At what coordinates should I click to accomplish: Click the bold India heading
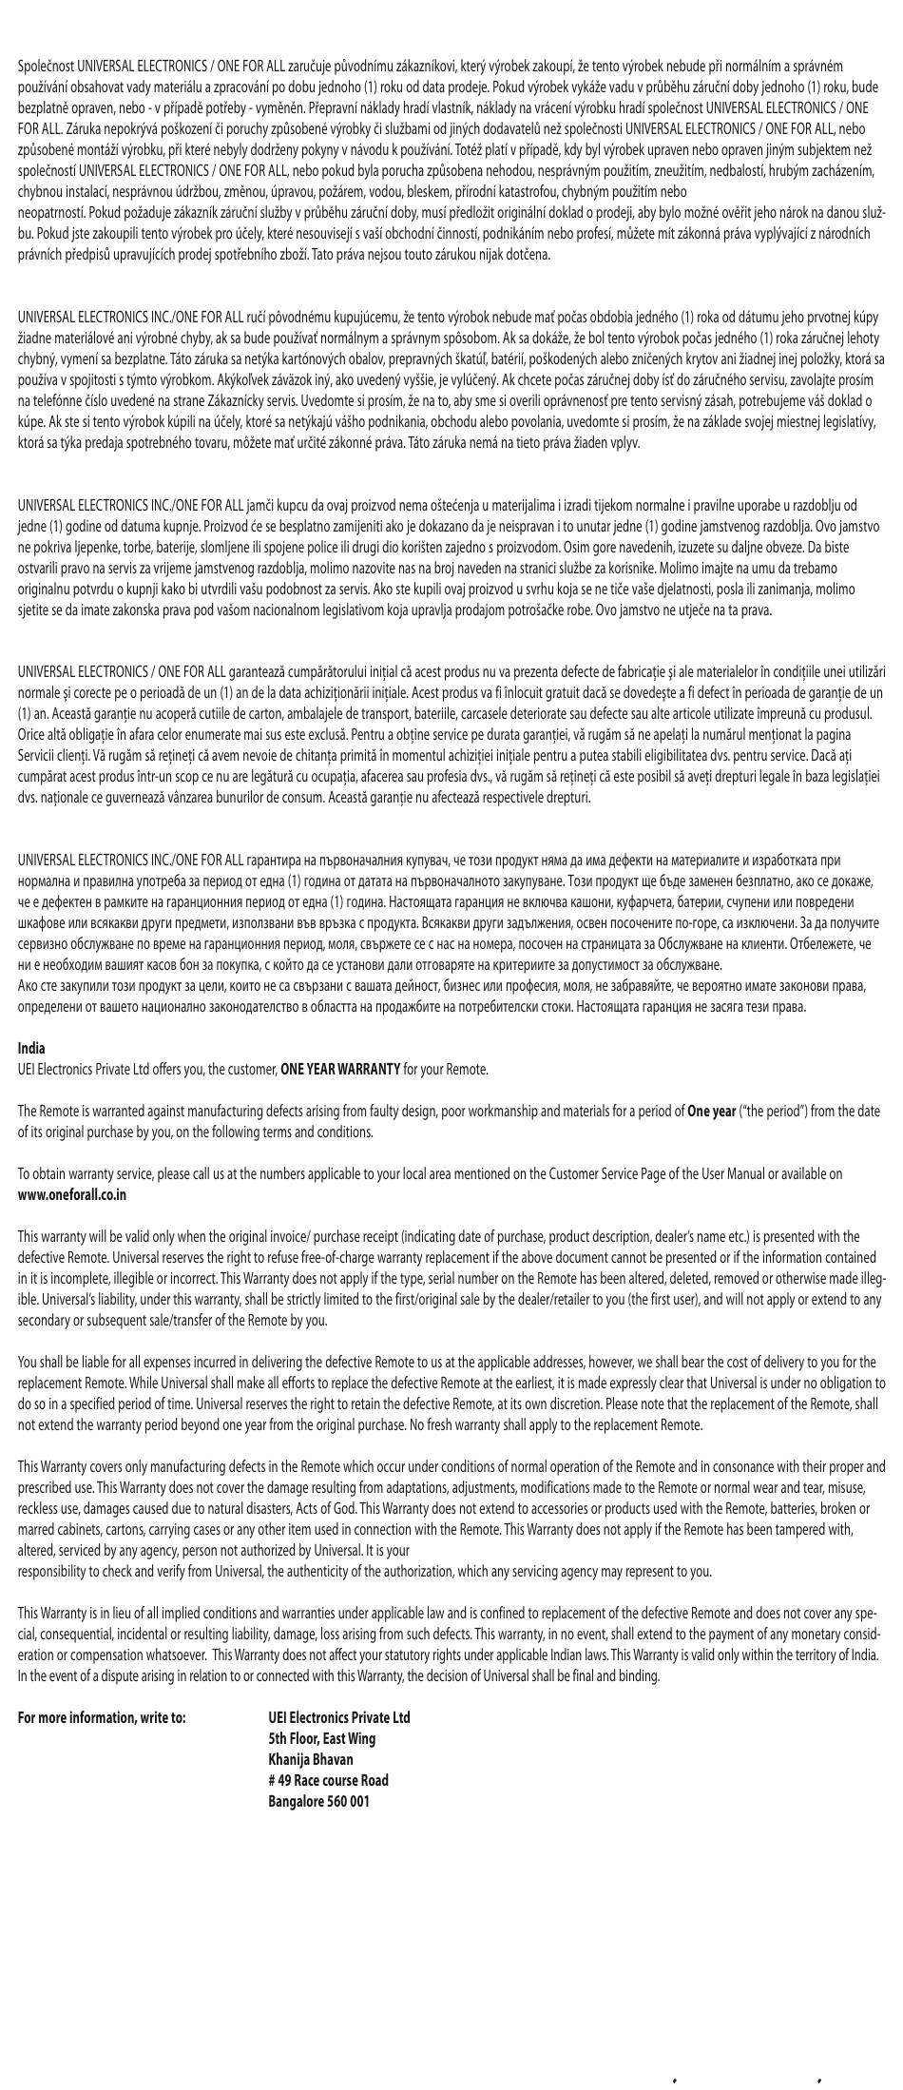(31, 1048)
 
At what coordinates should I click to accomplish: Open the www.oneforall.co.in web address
(72, 1194)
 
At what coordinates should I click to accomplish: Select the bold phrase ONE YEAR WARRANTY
(339, 1069)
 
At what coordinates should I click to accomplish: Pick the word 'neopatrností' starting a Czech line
(50, 213)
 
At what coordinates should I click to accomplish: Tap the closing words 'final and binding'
(611, 1675)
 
